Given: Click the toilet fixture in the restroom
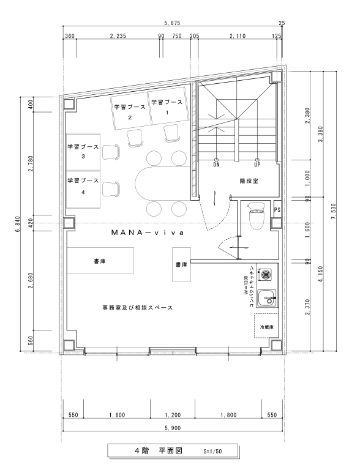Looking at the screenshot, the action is click(257, 215).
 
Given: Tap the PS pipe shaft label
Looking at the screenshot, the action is click(277, 209).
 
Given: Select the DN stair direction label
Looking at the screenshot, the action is click(216, 165).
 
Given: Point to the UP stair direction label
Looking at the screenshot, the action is click(257, 165).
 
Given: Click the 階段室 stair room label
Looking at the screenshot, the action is click(249, 181).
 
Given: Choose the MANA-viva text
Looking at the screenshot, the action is click(148, 233).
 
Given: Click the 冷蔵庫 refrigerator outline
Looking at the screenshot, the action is click(266, 326).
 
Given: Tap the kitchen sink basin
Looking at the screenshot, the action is click(267, 297).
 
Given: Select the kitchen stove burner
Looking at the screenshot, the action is click(266, 274).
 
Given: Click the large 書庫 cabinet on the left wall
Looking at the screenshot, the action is click(100, 261).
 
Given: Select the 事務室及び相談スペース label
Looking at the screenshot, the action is click(138, 308).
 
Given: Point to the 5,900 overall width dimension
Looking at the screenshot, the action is click(173, 428).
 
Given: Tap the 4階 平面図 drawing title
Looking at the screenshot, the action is click(159, 451).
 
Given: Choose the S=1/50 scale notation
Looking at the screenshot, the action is click(212, 452).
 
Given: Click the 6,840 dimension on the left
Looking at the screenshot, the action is click(17, 224).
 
